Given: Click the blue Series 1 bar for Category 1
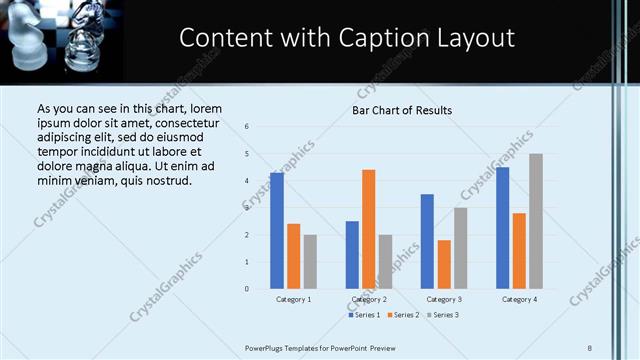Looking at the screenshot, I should coord(277,231).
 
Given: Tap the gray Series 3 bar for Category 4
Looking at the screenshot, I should coord(535,221).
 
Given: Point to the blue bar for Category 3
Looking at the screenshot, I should coord(427,241).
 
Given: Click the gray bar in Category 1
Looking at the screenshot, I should coord(310,262).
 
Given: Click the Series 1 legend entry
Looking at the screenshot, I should coord(363,315).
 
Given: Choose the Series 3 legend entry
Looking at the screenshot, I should coord(441,315).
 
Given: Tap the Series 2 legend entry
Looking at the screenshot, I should coord(402,315).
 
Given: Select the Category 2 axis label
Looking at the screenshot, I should coord(369,299).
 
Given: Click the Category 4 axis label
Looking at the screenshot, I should coord(519,299).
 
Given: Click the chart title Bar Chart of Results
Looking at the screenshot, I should coord(402,110).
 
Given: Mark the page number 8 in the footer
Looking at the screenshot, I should coord(590,347).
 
